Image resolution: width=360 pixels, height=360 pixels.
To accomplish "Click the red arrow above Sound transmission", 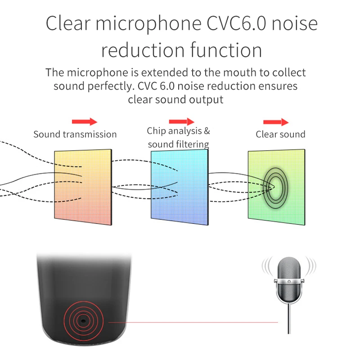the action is coord(84,121).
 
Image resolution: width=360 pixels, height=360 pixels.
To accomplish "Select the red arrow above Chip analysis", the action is coord(181,121).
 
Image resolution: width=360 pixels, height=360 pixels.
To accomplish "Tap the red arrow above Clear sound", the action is coord(275,122).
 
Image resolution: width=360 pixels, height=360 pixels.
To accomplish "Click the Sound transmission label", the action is coord(75,134).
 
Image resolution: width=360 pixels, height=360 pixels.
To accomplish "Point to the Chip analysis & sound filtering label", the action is coord(179,137).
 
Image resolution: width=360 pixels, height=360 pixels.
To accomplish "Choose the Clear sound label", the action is coord(280,134).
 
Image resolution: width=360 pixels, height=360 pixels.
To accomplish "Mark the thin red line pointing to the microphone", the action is coord(193,322).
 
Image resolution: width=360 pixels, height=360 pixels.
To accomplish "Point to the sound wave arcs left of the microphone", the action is coord(267,268).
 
